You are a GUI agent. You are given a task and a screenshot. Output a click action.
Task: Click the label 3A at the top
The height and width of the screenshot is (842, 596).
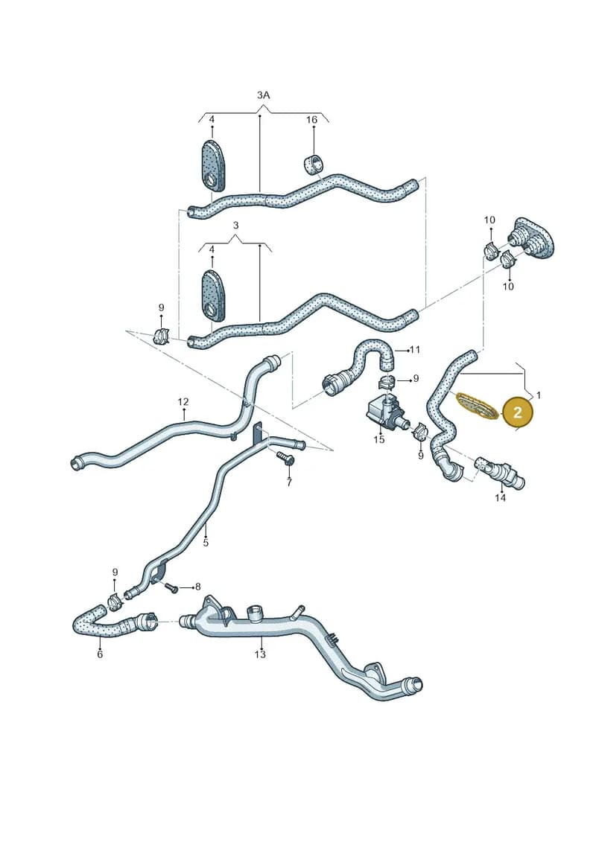[263, 95]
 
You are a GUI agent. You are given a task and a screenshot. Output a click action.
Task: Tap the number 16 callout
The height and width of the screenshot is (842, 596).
[311, 120]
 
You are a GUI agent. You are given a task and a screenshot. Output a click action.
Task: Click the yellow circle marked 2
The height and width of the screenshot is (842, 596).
[517, 412]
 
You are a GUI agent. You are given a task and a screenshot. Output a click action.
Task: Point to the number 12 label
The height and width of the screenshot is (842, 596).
[183, 402]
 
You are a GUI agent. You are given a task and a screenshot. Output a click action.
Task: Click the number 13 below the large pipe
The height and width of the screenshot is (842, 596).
[260, 654]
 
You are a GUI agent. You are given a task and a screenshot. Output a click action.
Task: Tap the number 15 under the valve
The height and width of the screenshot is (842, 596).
[379, 440]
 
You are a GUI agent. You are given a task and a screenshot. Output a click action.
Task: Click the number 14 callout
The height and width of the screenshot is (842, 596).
[501, 498]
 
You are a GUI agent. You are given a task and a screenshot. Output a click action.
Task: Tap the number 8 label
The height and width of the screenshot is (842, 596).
[197, 587]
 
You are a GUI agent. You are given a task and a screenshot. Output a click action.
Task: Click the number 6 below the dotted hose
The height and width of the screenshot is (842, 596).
[100, 654]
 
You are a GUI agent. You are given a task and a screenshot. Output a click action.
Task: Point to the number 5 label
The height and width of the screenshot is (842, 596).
[206, 543]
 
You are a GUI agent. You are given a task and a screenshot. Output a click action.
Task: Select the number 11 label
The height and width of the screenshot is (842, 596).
[414, 350]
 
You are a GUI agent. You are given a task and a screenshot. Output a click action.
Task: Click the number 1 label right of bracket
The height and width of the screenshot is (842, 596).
[539, 395]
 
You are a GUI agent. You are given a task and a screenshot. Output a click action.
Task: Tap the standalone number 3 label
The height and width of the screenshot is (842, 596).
[235, 226]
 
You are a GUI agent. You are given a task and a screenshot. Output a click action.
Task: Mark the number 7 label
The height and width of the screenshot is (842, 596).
[289, 482]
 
